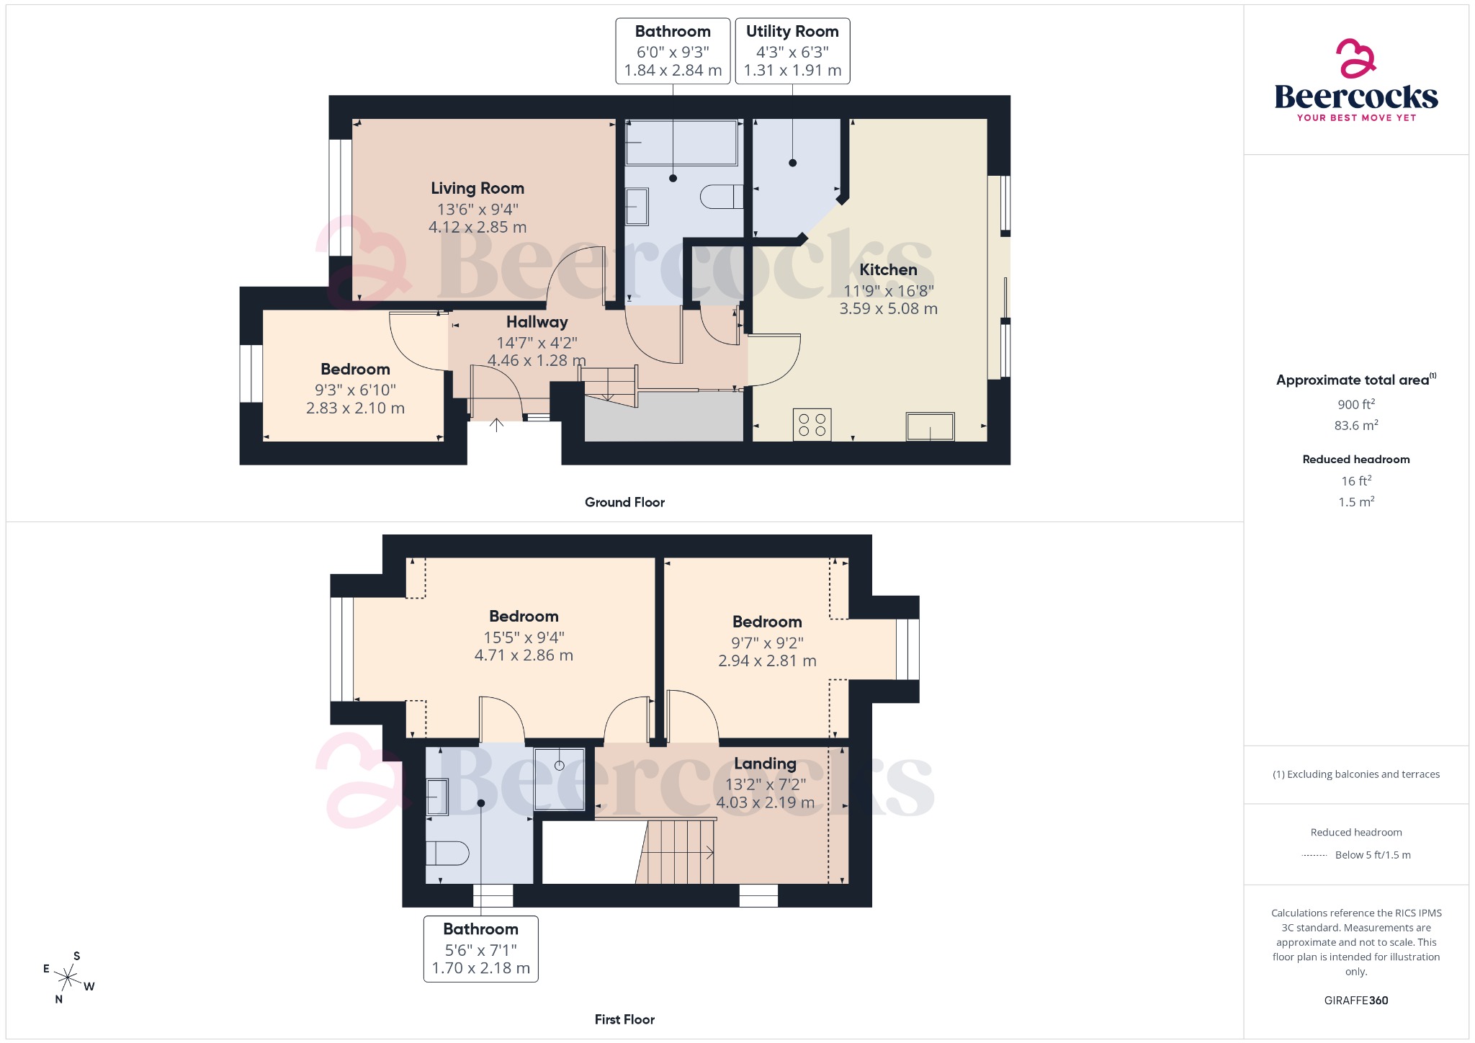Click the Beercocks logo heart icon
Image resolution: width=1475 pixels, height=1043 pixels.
pos(1355,59)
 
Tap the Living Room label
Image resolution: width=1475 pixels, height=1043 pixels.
pos(477,188)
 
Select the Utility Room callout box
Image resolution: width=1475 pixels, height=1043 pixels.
pos(792,51)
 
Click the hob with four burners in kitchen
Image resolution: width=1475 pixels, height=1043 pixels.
pos(812,424)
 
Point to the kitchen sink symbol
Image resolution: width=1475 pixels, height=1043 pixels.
pos(930,426)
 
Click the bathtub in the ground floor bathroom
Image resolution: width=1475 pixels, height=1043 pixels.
pos(681,143)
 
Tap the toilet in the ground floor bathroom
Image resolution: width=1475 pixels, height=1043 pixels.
pos(721,197)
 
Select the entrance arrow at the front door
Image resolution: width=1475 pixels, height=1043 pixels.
pos(496,424)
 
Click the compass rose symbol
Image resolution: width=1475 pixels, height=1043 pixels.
pos(68,977)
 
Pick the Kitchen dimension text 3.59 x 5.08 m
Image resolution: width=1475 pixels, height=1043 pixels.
pos(888,308)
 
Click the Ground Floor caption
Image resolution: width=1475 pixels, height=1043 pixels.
pos(624,502)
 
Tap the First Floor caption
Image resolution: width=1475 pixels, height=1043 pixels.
pos(624,1019)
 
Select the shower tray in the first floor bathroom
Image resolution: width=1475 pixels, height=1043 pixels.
pos(559,779)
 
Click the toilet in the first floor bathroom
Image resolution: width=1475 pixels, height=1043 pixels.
pos(447,853)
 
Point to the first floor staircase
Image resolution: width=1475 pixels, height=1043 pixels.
pos(677,852)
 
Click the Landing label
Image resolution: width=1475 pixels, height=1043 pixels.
pos(765,764)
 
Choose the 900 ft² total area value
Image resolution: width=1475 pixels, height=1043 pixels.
pos(1356,405)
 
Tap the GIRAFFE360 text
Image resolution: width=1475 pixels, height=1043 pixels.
pos(1355,1000)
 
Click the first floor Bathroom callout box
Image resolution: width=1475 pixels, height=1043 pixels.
pos(480,949)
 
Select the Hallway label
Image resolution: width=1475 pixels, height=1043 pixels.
pos(537,322)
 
